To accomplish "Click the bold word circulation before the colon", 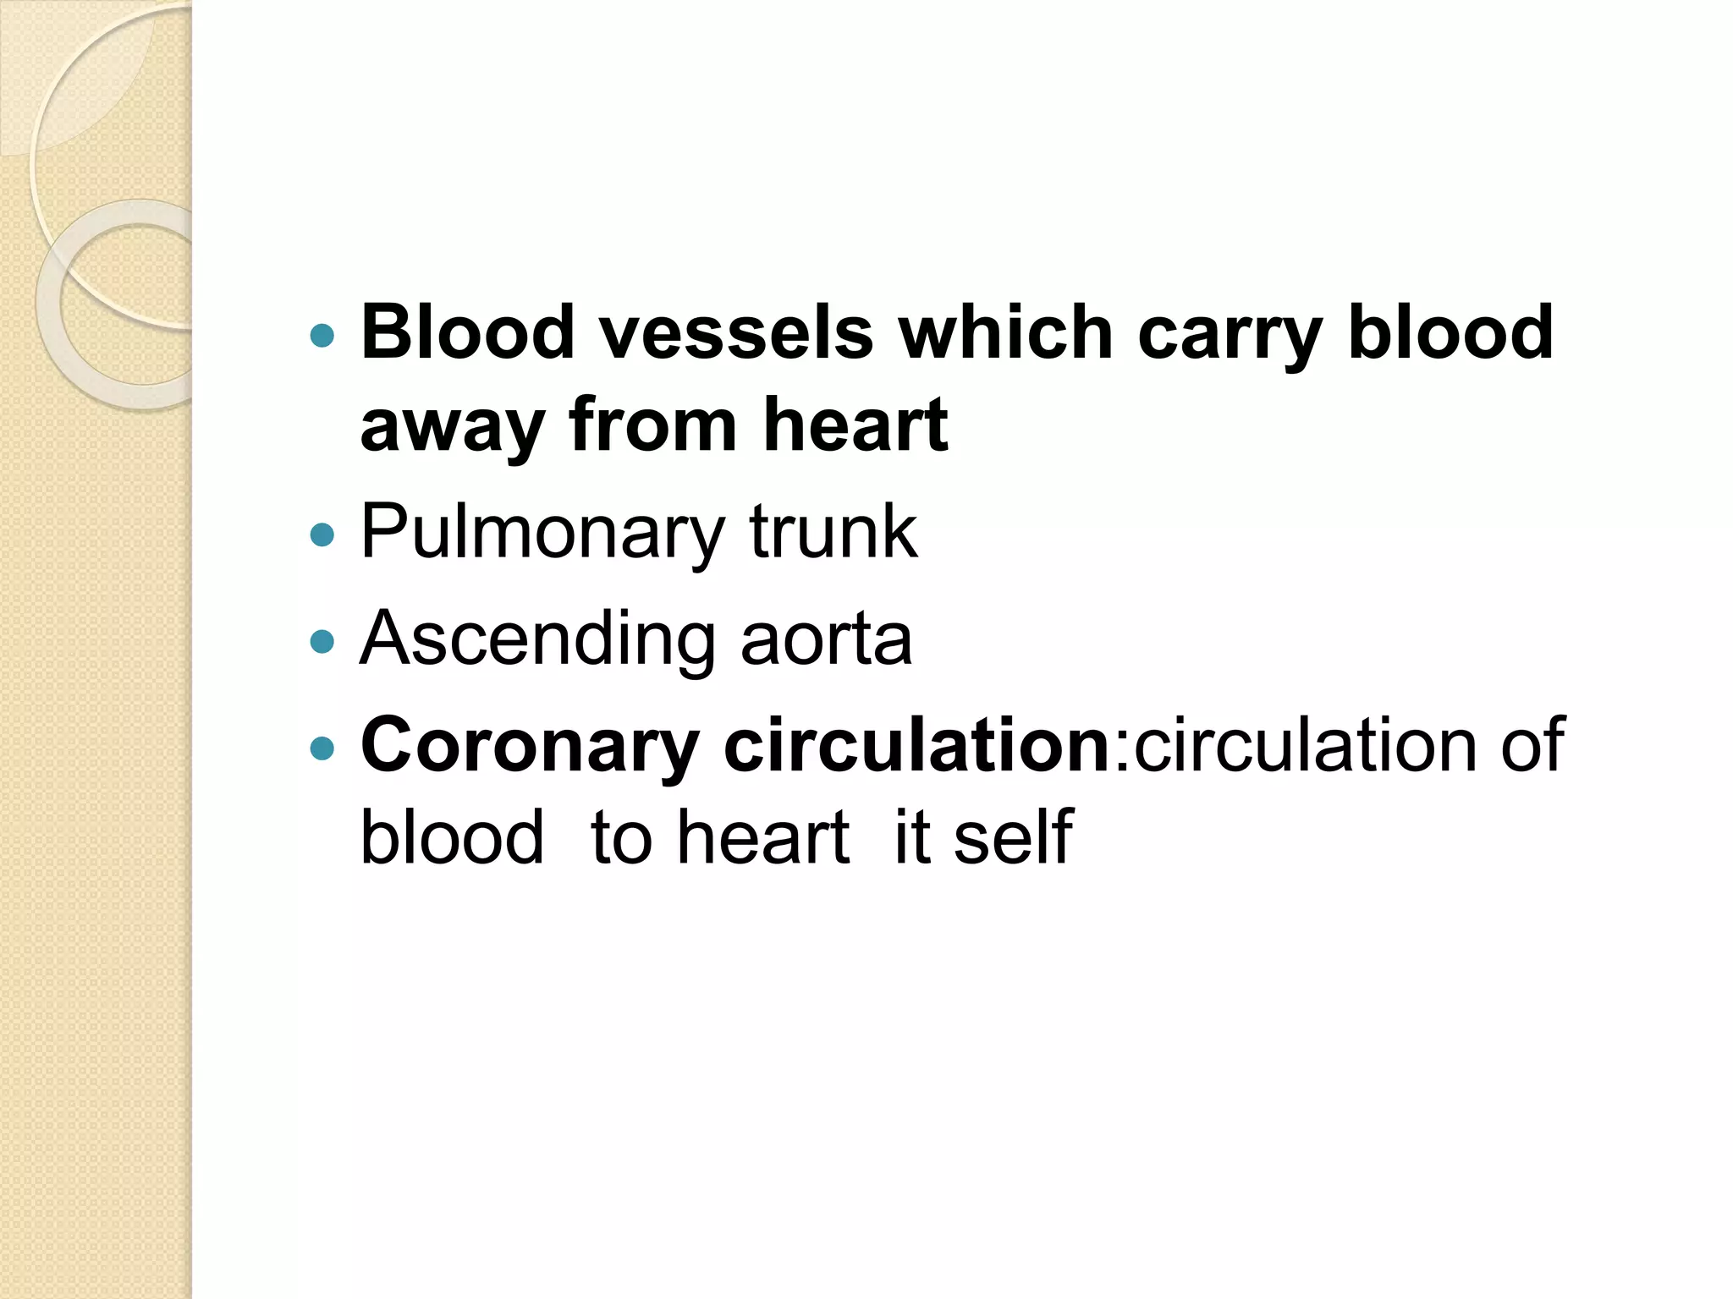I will coord(917,745).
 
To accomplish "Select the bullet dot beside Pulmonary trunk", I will coord(322,535).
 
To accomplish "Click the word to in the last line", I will coord(621,837).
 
